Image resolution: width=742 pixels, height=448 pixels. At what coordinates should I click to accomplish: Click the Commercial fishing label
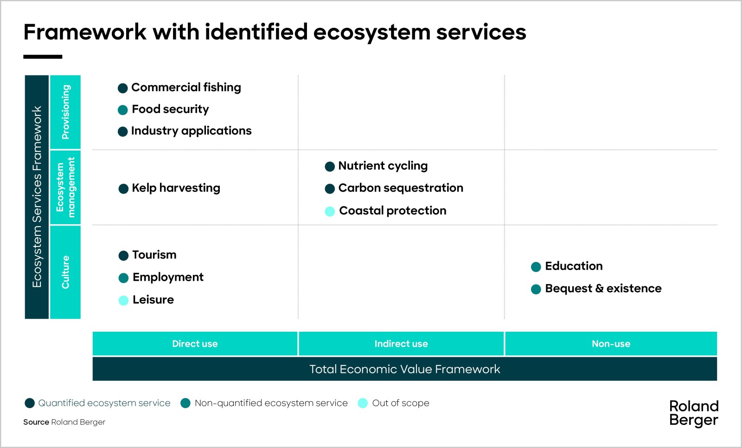[x=186, y=88]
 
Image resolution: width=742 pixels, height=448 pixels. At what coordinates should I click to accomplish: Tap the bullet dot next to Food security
[x=123, y=110]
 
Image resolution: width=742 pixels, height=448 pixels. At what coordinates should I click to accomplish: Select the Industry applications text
[x=191, y=131]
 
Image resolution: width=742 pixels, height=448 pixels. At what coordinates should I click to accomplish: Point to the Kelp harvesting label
[x=176, y=188]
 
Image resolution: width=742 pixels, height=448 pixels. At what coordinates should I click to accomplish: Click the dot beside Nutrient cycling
[x=330, y=167]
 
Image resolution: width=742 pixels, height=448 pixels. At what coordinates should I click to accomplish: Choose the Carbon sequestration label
[x=401, y=188]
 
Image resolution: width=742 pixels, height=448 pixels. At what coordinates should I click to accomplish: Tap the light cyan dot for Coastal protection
[x=330, y=212]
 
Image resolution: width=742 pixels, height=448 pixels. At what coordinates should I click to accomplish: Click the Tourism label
[x=154, y=255]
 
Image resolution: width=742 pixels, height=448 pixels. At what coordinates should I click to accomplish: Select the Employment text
[x=168, y=277]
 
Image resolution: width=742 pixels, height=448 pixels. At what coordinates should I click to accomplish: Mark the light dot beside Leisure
[x=123, y=301]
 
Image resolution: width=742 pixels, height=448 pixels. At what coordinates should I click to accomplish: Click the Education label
[x=574, y=266]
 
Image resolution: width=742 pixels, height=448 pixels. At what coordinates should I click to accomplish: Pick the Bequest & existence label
[x=603, y=289]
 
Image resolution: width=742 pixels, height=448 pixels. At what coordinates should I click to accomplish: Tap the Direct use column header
[x=195, y=344]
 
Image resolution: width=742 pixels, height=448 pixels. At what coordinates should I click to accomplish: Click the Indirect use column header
[x=401, y=344]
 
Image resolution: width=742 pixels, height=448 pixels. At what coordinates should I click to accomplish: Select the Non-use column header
[x=611, y=344]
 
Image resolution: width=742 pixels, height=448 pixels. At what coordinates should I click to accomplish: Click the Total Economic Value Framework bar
[x=404, y=369]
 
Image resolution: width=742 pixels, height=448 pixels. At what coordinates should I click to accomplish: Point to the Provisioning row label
[x=65, y=112]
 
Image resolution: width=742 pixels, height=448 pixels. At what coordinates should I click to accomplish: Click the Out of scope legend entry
[x=400, y=403]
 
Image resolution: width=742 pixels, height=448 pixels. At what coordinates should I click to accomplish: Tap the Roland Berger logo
[x=693, y=413]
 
